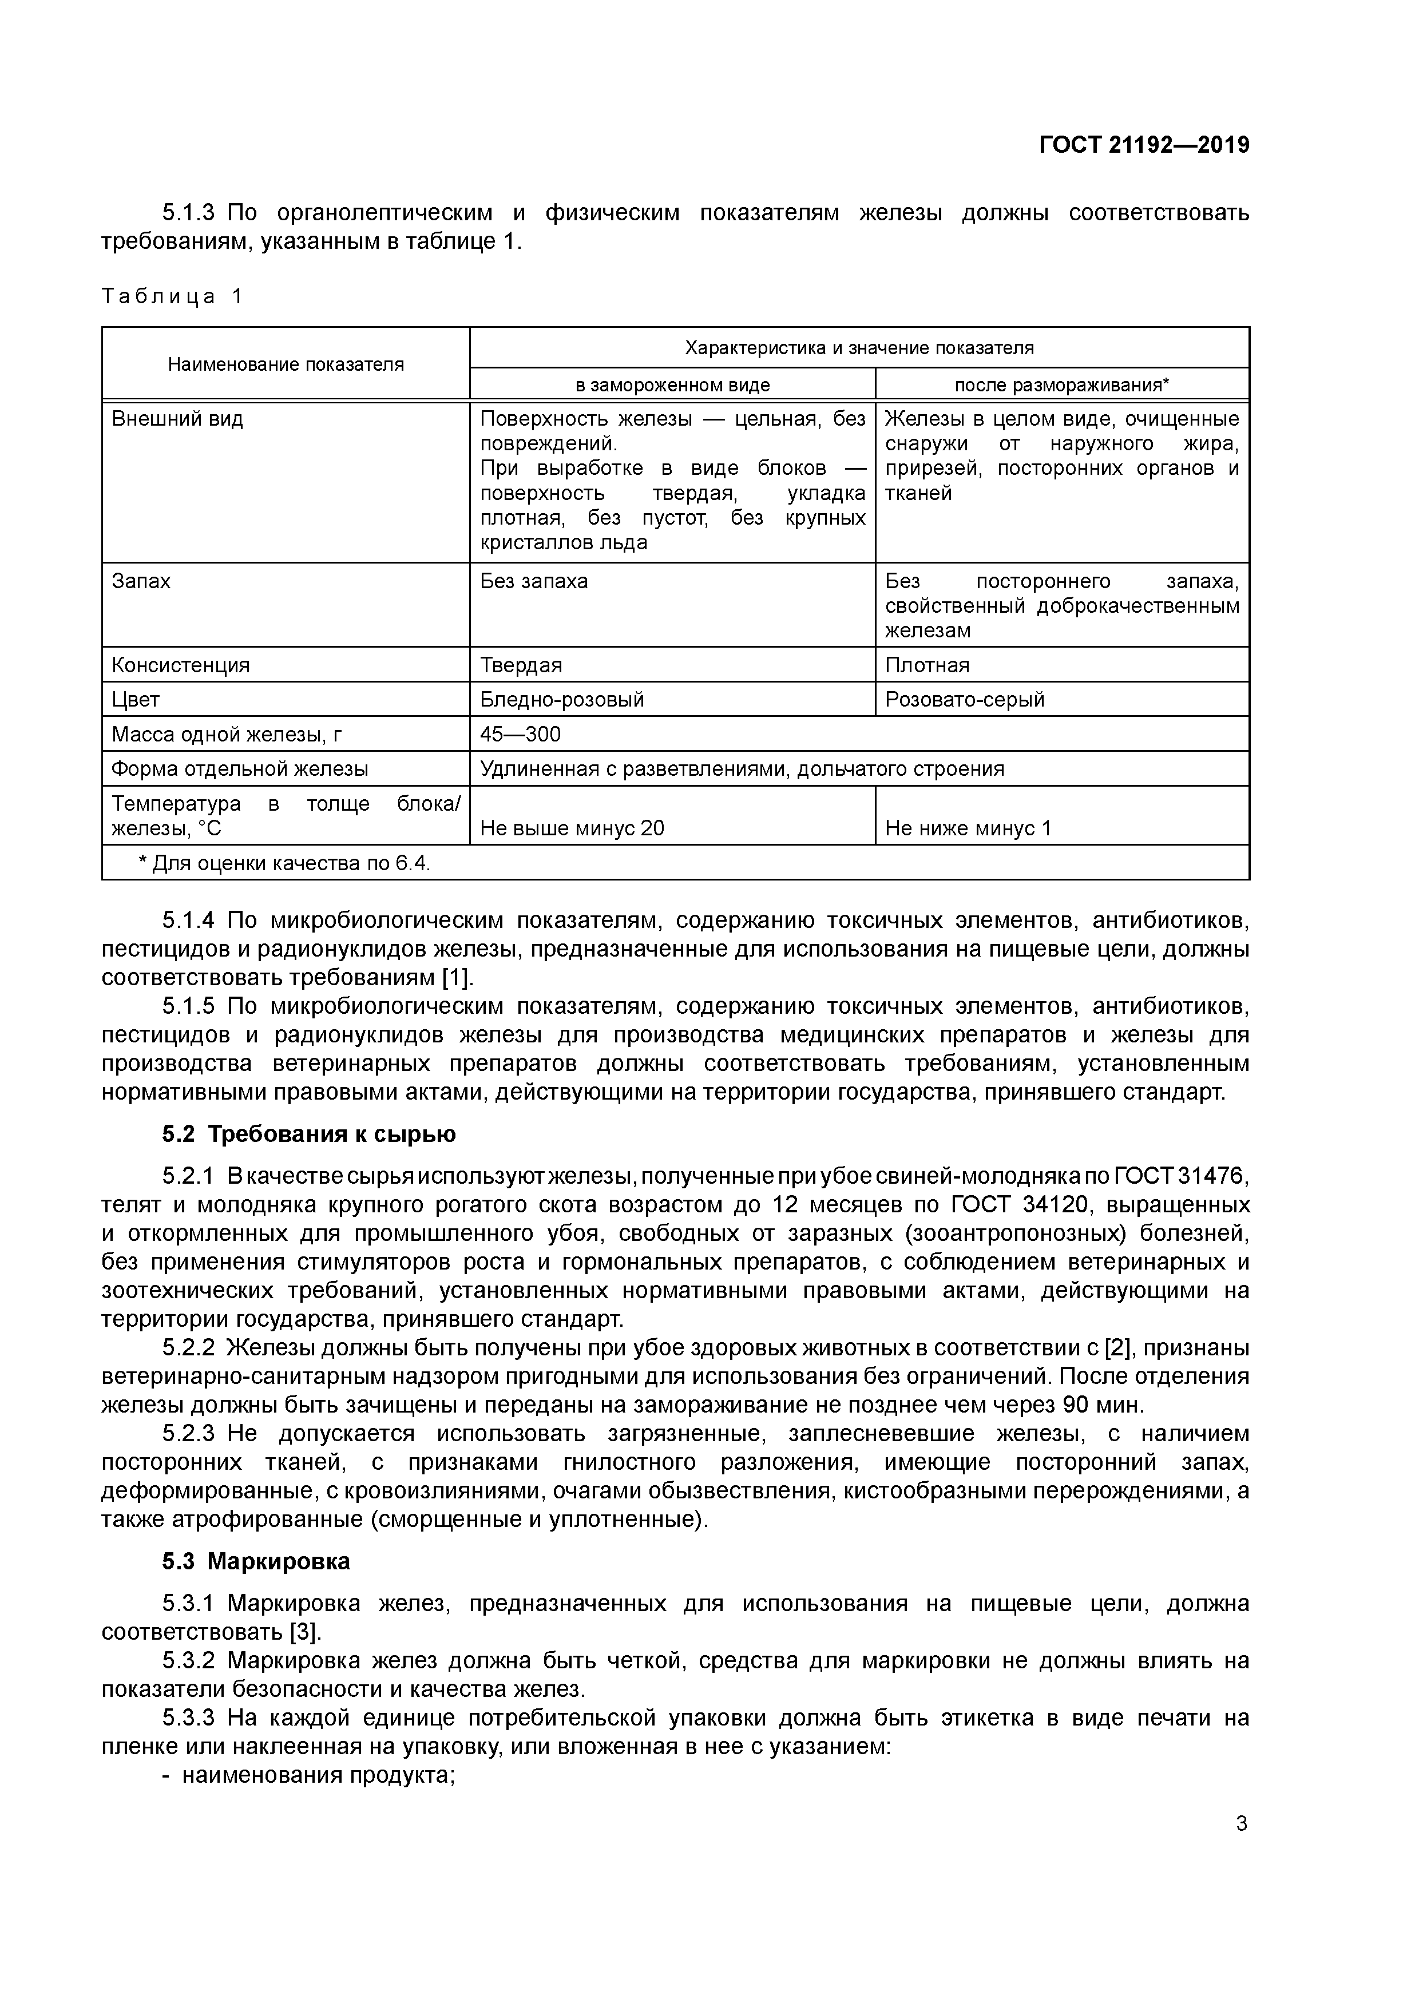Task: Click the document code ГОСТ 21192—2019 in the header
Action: tap(1144, 145)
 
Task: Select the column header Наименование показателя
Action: tap(286, 364)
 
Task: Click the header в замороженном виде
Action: tap(672, 384)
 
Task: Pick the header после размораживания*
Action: tap(1061, 384)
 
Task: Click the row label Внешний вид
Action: tap(177, 419)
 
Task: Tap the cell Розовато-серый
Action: tap(964, 699)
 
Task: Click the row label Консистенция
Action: tap(181, 665)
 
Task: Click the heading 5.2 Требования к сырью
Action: tap(308, 1135)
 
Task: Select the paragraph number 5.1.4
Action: tap(188, 921)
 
